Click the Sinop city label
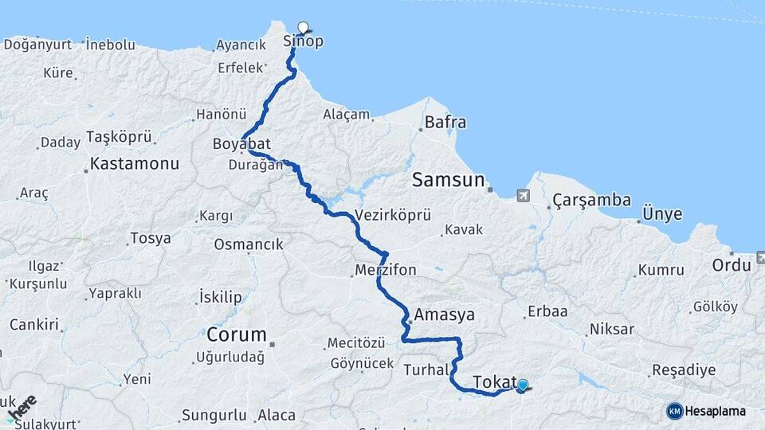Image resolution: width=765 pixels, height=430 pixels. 304,41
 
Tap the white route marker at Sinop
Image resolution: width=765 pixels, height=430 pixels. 303,26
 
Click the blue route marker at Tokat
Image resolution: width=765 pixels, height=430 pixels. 522,385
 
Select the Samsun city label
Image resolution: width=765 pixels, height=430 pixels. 448,181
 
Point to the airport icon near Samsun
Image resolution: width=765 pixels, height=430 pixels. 523,194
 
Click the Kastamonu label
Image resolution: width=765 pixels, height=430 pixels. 135,164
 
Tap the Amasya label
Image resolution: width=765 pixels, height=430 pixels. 444,315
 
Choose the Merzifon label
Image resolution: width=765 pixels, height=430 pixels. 386,270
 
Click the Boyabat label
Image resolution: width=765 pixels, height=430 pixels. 241,144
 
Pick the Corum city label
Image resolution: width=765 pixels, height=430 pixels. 236,334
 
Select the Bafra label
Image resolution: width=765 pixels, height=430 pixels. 445,123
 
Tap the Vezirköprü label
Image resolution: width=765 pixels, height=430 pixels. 393,215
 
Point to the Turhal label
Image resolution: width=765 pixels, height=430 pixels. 427,370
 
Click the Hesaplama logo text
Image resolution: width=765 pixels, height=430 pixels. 716,411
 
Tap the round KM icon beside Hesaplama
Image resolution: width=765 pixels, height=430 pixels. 675,411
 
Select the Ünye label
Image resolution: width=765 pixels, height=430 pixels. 662,214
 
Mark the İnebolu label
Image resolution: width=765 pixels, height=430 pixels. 110,45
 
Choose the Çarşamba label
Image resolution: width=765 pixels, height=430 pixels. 593,200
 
